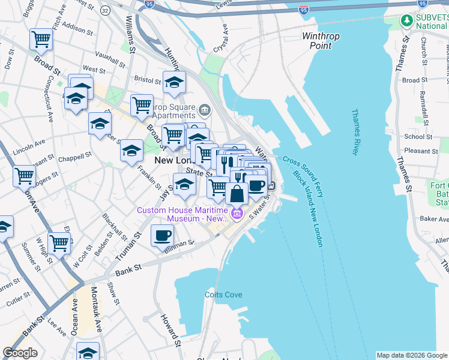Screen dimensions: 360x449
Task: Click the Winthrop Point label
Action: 321,41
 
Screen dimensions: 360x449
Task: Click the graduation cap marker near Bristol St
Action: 174,82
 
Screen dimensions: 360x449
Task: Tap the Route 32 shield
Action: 106,10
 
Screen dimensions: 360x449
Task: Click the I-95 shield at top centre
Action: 149,4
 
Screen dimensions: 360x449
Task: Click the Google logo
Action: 20,353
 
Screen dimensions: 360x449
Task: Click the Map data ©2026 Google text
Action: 412,355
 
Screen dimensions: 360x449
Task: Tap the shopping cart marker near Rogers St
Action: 24,176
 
